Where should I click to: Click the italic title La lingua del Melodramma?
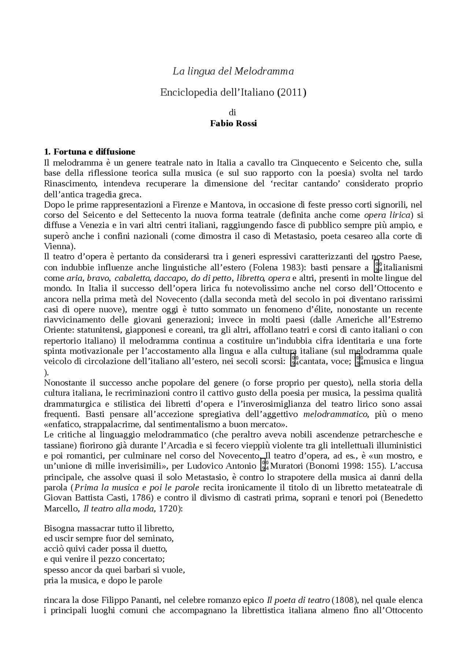pyautogui.click(x=233, y=71)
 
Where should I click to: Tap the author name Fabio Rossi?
pyautogui.click(x=233, y=123)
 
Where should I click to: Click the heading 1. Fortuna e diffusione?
pyautogui.click(x=89, y=152)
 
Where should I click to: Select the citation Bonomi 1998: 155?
pyautogui.click(x=343, y=466)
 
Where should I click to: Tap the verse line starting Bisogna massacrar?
pyautogui.click(x=108, y=528)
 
